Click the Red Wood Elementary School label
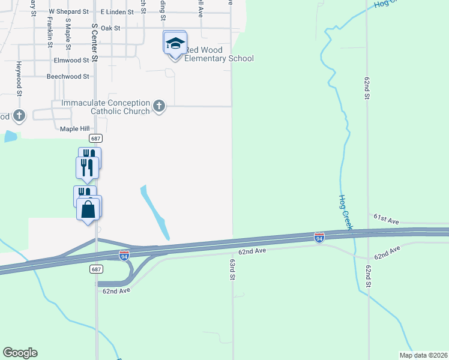218,54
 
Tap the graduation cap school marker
175,44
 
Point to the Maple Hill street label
74,129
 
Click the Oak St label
111,28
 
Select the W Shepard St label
68,11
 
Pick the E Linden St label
119,11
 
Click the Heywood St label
19,79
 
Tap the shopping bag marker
89,209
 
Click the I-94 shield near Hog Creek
319,238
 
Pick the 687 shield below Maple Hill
96,138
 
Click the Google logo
20,353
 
